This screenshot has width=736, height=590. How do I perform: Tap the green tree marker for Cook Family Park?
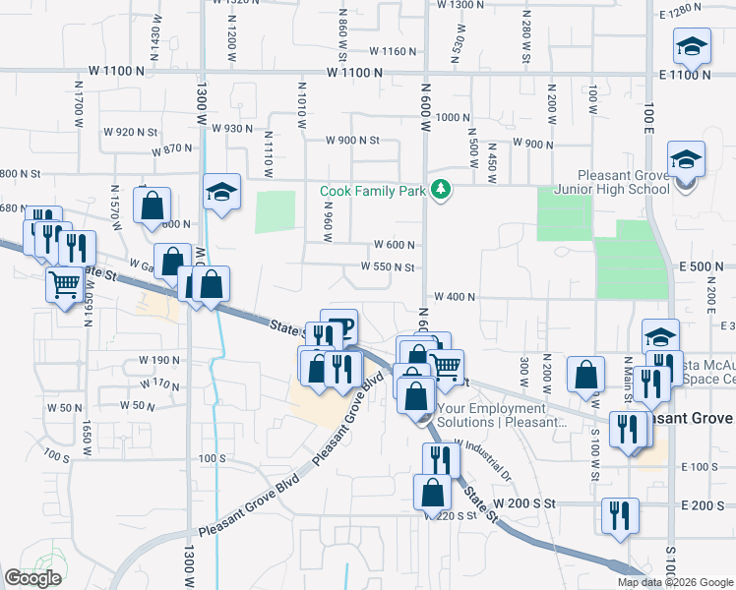(442, 190)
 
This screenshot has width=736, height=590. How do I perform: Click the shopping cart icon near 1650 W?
(65, 285)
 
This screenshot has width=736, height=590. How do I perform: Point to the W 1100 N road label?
(361, 72)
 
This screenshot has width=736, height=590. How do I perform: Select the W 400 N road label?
(454, 296)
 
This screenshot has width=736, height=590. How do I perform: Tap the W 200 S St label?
(525, 503)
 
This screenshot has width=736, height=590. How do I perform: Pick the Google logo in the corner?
(32, 578)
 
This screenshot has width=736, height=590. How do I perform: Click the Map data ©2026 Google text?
(675, 582)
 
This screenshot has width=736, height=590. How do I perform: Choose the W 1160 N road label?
(394, 51)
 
